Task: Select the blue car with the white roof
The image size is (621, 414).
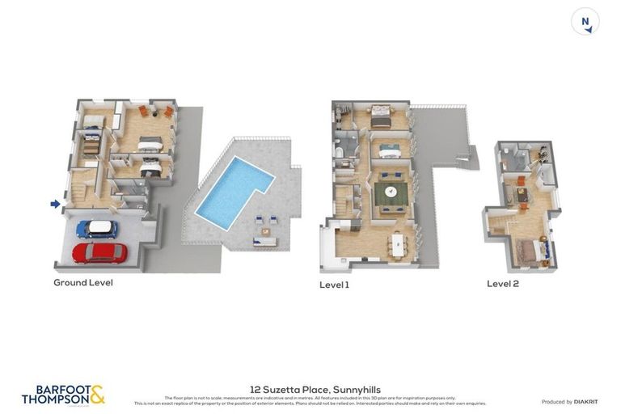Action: click(x=97, y=230)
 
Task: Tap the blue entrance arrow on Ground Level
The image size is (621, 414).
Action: click(x=55, y=204)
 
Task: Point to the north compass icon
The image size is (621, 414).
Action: click(x=585, y=22)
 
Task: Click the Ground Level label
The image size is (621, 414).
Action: click(x=83, y=283)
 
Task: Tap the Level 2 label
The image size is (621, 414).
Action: click(x=503, y=284)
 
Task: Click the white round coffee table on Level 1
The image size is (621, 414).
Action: click(x=391, y=192)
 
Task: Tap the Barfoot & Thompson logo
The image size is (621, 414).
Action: click(x=63, y=395)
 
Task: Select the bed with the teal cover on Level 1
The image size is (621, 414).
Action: click(x=390, y=150)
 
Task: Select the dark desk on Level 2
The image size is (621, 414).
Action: click(x=522, y=195)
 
